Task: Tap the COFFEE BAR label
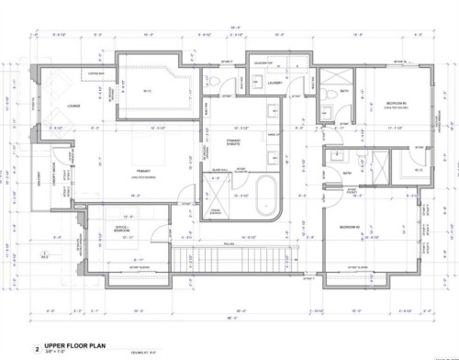pos(95,73)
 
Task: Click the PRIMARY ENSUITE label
pos(238,141)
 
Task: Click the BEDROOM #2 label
pos(348,226)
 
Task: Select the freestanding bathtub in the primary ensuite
pos(264,197)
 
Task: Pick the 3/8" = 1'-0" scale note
pos(57,348)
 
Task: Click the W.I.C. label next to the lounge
pos(148,89)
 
